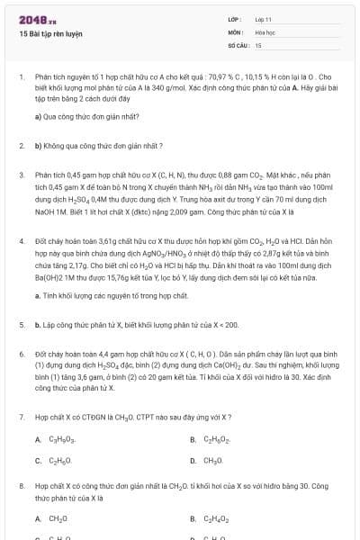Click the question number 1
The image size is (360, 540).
[21, 77]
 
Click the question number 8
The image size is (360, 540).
[21, 485]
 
